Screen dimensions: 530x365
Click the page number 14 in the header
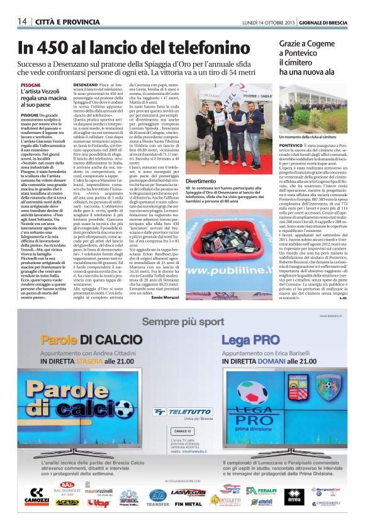tap(21, 21)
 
